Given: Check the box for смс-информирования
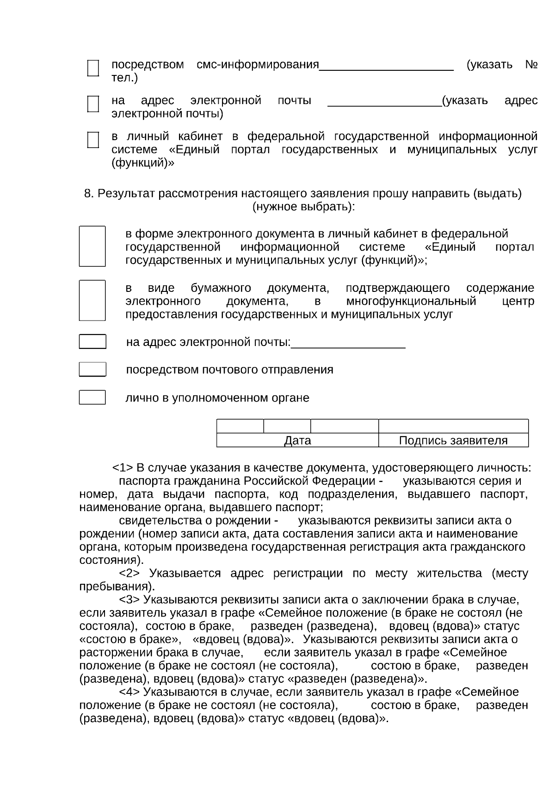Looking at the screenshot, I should (93, 68).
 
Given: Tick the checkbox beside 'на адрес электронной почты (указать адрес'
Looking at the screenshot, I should (93, 104).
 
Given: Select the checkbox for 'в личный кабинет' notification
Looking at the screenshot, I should (93, 140).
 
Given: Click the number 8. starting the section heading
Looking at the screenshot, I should (89, 193).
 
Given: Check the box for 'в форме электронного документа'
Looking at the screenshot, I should (92, 246).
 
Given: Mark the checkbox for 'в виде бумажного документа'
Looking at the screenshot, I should (92, 300).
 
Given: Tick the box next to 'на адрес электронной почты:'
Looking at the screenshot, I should (92, 341).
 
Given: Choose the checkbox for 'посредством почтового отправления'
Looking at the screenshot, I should (92, 369).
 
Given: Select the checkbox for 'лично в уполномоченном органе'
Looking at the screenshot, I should (92, 397).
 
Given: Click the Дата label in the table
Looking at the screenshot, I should (297, 440).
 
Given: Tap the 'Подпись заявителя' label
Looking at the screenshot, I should (453, 440).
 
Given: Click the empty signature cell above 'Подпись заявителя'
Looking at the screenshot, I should (453, 426).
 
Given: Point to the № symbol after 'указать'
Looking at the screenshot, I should (531, 64).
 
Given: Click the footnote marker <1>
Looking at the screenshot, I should (123, 468).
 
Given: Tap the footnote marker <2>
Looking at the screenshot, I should (130, 574).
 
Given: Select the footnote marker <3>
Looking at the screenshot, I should (130, 600).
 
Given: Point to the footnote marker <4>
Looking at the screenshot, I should (130, 692).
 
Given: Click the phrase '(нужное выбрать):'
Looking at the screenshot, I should (303, 206).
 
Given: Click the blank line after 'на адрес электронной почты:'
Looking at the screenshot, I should (348, 345).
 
